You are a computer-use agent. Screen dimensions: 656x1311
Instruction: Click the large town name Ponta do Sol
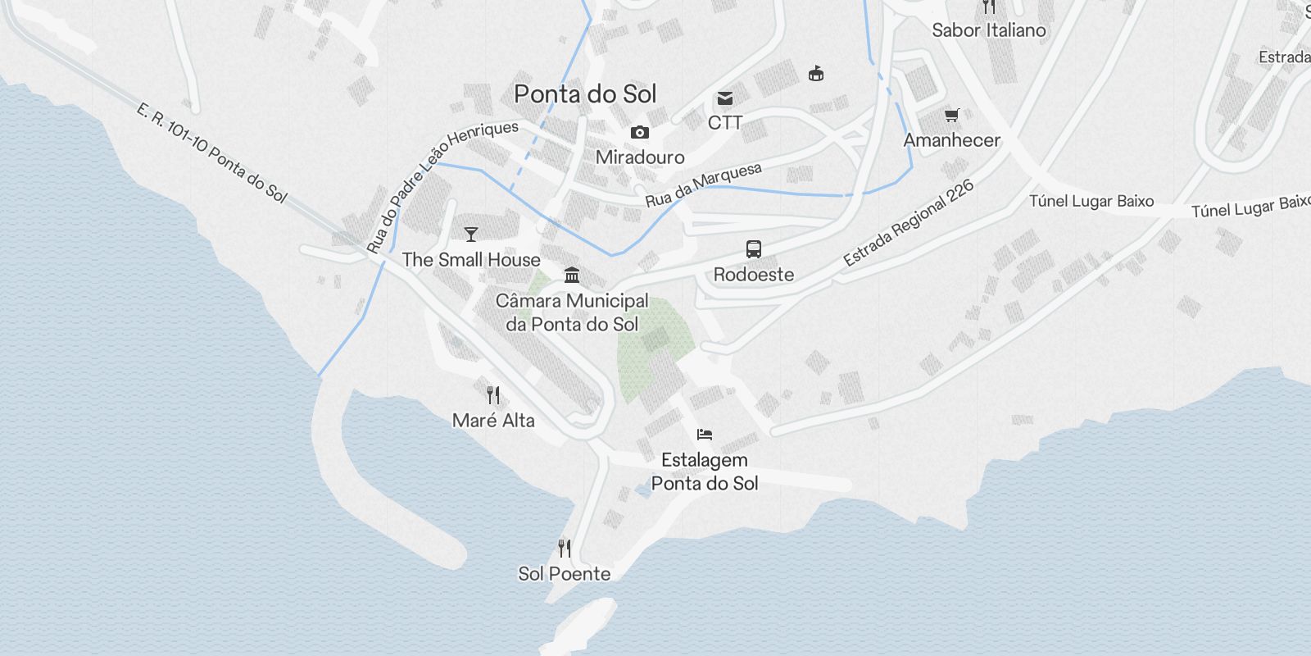click(x=585, y=94)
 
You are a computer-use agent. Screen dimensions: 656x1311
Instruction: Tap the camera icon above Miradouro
click(x=640, y=132)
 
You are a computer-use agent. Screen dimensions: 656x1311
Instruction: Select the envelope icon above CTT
click(x=725, y=99)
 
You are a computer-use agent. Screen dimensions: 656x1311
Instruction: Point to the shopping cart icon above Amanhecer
click(x=951, y=116)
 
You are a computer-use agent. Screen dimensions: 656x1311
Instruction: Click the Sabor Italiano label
click(x=989, y=30)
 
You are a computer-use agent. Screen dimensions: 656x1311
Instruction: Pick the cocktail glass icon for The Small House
click(x=471, y=235)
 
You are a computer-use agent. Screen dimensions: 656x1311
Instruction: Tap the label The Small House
click(x=471, y=260)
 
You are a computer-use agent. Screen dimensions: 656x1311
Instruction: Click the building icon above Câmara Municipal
click(x=572, y=275)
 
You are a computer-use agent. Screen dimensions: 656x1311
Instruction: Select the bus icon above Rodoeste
click(x=754, y=249)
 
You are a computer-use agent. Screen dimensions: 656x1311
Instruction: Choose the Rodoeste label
click(x=754, y=275)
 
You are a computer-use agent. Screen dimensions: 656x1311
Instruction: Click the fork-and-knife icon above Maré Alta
click(x=493, y=395)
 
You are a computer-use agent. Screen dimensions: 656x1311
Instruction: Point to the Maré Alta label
click(x=493, y=421)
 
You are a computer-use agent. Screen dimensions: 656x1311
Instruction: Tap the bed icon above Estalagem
click(x=705, y=434)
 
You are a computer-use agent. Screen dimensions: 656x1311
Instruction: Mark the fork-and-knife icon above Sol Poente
click(x=565, y=548)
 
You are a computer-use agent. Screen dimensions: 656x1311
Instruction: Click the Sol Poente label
click(x=565, y=574)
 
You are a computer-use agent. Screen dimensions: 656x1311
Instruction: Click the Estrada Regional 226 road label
click(x=909, y=223)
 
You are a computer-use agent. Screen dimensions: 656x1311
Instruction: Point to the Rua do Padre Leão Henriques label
click(x=442, y=186)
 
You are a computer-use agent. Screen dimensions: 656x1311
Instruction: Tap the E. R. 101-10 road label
click(x=211, y=153)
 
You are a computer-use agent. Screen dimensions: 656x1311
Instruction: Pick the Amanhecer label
click(x=951, y=140)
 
